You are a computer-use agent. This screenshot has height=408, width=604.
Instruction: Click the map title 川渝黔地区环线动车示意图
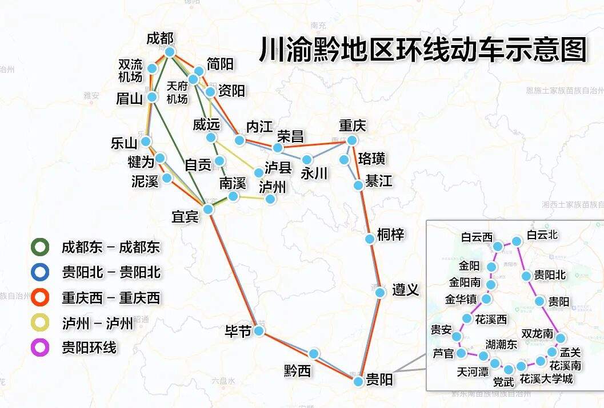click(x=423, y=50)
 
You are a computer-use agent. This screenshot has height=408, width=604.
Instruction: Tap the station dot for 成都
click(x=170, y=52)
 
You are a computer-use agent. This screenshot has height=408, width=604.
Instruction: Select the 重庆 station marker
click(x=352, y=140)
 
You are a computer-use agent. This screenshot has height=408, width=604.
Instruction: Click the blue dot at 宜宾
click(x=208, y=209)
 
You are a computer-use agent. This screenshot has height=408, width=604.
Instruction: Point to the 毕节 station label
click(x=238, y=332)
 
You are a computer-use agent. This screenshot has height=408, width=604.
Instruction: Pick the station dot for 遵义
click(x=380, y=293)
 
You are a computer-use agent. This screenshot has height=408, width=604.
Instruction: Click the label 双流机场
click(x=130, y=70)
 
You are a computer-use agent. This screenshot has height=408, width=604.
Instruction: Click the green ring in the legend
click(x=39, y=247)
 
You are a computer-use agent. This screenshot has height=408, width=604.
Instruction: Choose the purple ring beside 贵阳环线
click(x=39, y=348)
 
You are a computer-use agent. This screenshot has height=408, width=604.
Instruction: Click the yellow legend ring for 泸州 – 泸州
click(x=39, y=323)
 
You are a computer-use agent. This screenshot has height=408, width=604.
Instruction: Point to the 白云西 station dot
click(x=498, y=247)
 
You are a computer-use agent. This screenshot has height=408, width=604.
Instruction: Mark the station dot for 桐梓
click(x=370, y=239)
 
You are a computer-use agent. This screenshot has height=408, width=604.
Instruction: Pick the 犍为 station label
click(x=141, y=161)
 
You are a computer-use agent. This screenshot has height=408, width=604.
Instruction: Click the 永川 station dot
click(x=307, y=159)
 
